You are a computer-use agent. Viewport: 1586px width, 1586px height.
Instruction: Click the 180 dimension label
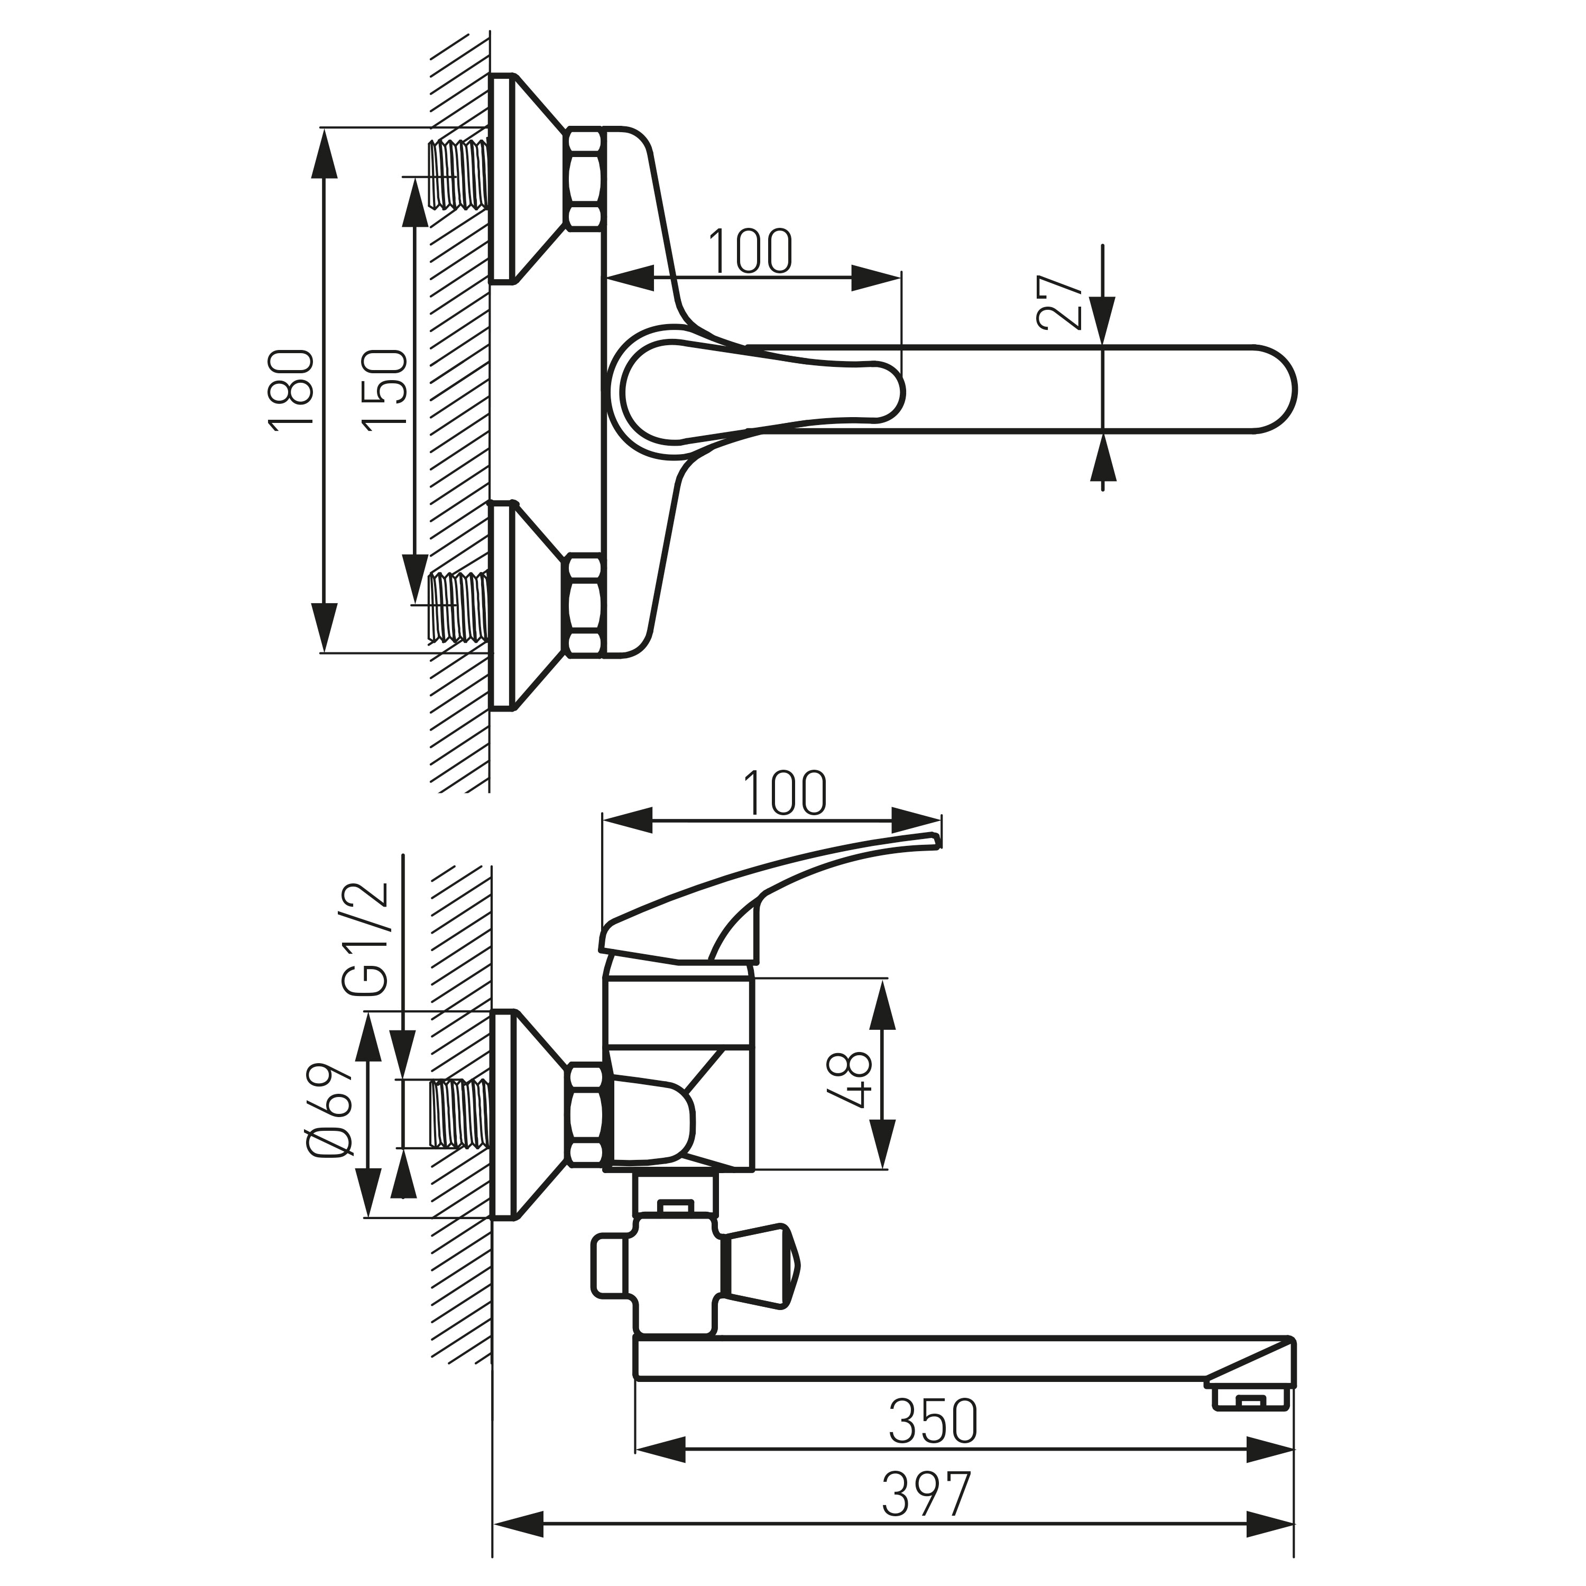pos(291,388)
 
